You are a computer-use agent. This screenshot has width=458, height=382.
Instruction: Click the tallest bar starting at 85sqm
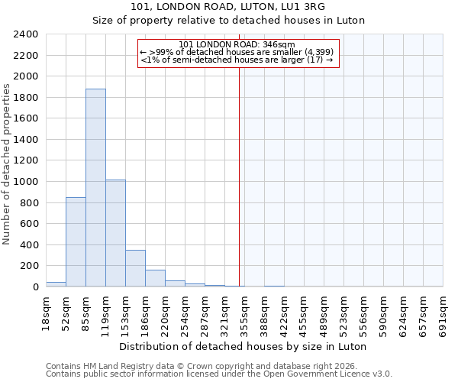(95, 188)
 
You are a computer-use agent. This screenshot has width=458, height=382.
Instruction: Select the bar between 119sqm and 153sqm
(115, 233)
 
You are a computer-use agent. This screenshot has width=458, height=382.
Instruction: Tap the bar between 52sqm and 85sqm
(76, 241)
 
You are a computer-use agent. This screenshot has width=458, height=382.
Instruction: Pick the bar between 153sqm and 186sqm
(135, 268)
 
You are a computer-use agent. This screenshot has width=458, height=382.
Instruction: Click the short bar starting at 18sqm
(56, 284)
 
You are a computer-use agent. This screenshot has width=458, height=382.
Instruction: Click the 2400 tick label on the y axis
(26, 34)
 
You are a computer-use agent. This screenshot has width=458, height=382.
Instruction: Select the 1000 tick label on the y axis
(26, 182)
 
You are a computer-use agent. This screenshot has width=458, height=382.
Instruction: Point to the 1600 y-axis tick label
(26, 118)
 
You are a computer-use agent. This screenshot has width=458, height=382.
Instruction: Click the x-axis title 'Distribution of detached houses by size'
(244, 346)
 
